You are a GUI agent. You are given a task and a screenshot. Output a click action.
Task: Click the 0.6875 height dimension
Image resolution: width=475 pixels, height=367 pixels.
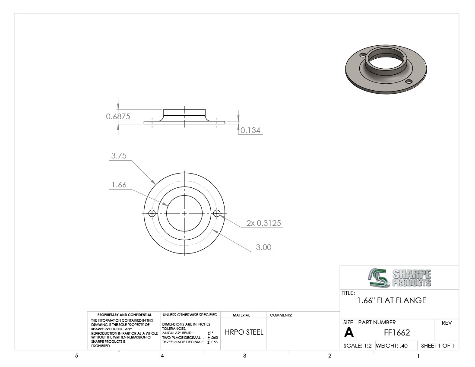(118, 116)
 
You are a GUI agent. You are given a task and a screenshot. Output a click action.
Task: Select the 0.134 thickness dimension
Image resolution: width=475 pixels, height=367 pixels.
(250, 130)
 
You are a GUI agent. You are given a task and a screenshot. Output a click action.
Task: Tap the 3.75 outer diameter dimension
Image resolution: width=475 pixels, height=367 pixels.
(119, 155)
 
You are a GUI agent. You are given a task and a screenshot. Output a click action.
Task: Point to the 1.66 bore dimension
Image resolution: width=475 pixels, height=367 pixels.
(119, 185)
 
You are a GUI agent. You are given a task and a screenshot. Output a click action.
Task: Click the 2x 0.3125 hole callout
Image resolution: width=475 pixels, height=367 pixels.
(263, 223)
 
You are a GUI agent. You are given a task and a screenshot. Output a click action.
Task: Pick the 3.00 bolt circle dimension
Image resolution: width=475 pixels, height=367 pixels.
(263, 247)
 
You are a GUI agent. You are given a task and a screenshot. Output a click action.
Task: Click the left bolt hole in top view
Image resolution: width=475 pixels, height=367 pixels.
(152, 213)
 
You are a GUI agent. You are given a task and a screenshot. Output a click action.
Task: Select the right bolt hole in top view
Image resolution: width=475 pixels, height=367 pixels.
(217, 213)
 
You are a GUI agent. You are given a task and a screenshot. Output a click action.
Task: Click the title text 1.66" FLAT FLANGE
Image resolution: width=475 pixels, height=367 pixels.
(392, 301)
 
